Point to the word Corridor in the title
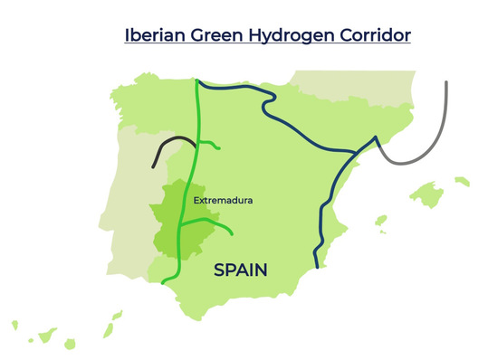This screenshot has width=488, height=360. pyautogui.click(x=372, y=35)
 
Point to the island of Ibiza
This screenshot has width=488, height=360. pyautogui.click(x=381, y=219)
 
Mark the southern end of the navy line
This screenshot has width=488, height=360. pyautogui.click(x=316, y=267)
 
